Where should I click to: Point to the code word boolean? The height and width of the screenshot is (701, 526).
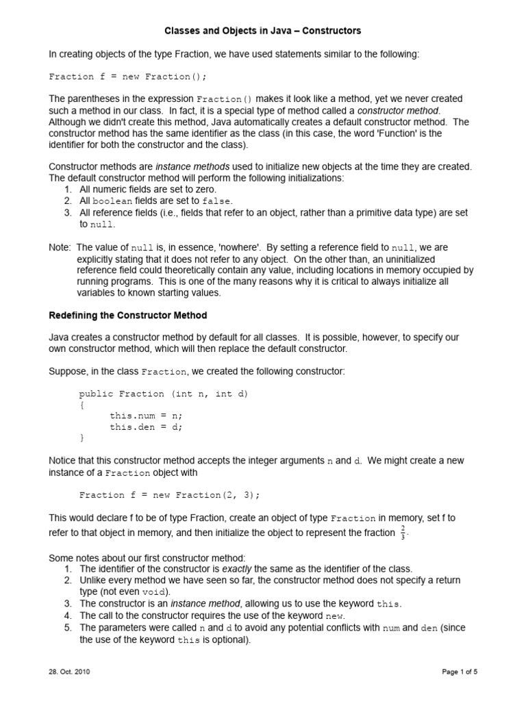(x=111, y=201)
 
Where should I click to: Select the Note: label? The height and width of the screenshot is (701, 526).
(x=60, y=247)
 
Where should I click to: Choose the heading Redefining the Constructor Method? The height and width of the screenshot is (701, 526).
(x=128, y=316)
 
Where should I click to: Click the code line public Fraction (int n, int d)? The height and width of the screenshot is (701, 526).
(x=164, y=394)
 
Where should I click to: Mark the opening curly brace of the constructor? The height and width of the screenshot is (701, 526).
(x=82, y=405)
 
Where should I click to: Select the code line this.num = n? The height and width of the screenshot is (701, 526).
(x=146, y=416)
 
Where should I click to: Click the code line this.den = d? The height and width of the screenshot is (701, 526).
(x=146, y=426)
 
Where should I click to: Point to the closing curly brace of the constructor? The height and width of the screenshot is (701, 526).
(x=82, y=437)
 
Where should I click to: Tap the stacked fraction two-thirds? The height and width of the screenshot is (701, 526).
(x=403, y=533)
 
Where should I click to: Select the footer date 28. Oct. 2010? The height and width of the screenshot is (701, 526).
(x=69, y=672)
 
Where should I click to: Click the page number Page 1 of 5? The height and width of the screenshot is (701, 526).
(x=459, y=672)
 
